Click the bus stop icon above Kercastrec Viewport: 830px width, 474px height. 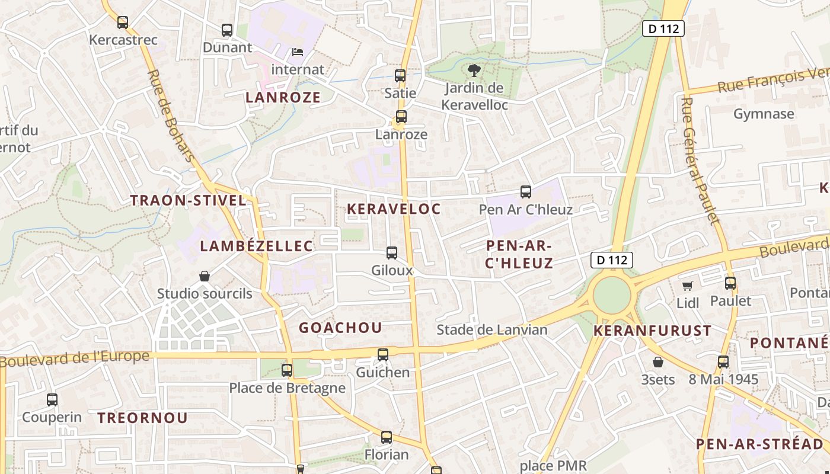point(123,23)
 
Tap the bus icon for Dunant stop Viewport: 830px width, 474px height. point(227,30)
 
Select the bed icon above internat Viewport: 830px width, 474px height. point(298,52)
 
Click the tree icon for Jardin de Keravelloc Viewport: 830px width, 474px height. point(474,71)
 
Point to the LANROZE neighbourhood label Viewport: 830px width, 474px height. point(283,98)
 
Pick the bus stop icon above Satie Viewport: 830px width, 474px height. point(400,76)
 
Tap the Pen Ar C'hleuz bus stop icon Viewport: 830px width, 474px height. point(526,192)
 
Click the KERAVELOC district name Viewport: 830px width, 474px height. point(394,209)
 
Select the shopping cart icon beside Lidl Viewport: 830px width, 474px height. point(688,286)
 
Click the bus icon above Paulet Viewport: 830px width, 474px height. point(730,283)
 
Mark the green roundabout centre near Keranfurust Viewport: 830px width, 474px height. point(611,295)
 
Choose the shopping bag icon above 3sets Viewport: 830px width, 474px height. point(658,362)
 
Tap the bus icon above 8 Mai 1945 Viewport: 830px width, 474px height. point(723,362)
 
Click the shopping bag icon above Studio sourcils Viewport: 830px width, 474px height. point(205,276)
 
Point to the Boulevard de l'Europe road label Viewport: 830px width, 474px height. point(75,358)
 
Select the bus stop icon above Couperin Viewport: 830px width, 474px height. point(52,400)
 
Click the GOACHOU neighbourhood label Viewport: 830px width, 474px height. point(340,328)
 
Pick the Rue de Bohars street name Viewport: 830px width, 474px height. point(171,116)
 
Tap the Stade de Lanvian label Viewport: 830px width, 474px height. point(492,330)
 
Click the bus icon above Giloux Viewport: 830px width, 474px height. point(392,253)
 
